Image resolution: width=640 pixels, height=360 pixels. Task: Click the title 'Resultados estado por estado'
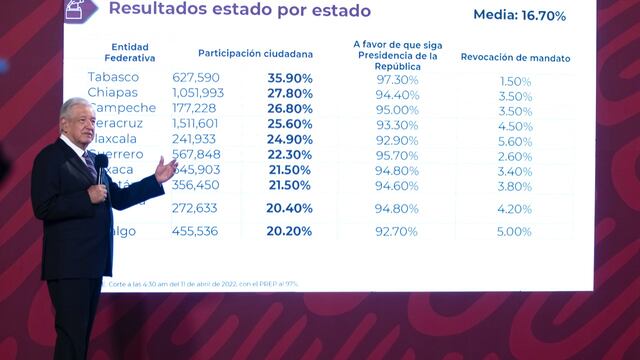[239, 11]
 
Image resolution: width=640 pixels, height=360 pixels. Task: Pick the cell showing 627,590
[196, 79]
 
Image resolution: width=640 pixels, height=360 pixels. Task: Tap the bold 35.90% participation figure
[289, 79]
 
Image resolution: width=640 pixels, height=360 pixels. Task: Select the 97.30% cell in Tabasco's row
[397, 79]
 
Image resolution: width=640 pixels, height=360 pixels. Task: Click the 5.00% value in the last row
[514, 231]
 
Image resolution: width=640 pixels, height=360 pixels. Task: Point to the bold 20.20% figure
[289, 231]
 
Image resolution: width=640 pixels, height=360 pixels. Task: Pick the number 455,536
[196, 231]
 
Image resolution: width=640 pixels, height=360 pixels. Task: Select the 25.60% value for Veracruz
[289, 125]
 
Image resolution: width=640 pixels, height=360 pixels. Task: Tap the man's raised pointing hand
[165, 169]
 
